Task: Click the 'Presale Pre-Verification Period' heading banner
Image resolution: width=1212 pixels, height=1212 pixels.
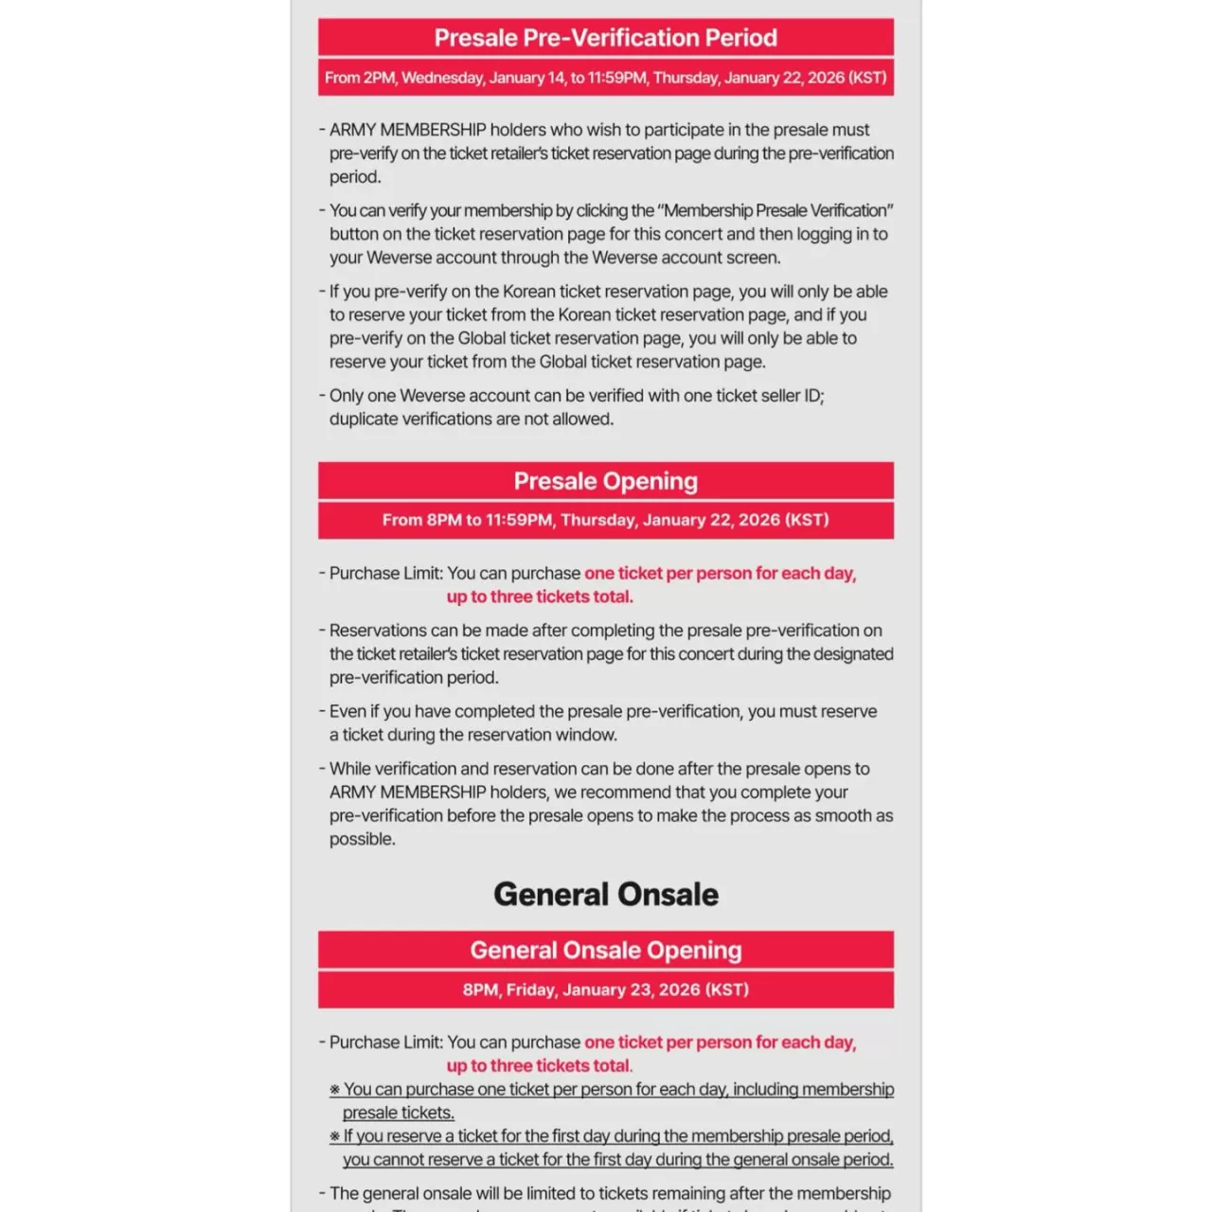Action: (605, 38)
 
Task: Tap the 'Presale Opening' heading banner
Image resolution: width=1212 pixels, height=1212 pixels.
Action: (605, 481)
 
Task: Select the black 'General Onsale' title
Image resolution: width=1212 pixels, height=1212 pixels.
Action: (605, 894)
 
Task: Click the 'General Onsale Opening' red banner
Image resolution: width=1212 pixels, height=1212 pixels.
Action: (605, 950)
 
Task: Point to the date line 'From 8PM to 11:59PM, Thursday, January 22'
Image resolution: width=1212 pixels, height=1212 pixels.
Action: (605, 520)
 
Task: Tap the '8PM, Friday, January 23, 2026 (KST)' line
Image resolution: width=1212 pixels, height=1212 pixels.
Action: (605, 989)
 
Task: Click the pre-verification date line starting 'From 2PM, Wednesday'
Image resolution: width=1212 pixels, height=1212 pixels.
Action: (605, 78)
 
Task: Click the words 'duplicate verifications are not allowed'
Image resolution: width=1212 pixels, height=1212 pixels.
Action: (472, 419)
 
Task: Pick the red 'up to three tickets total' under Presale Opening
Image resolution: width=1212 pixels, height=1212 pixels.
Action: (540, 597)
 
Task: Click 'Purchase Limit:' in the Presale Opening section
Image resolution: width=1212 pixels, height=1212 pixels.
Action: (385, 573)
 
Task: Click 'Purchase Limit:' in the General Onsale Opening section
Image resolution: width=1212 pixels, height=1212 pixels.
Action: (385, 1042)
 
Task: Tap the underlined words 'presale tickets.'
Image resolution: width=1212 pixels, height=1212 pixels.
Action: (399, 1113)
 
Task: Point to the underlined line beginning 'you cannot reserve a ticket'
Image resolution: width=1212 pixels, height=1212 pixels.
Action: (617, 1159)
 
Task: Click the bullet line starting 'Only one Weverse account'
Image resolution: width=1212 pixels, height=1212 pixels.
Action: (576, 396)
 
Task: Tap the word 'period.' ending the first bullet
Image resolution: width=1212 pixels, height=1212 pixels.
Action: (355, 177)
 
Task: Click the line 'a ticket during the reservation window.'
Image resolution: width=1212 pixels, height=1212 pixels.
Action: (473, 735)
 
